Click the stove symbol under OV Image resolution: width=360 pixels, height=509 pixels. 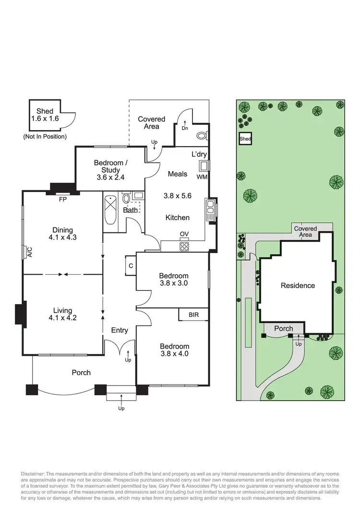pos(184,246)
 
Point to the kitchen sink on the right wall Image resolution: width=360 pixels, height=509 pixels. pos(210,210)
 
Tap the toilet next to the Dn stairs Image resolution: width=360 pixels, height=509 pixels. pos(201,135)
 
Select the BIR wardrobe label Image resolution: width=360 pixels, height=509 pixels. pos(194,315)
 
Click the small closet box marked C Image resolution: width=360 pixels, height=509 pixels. pos(130,264)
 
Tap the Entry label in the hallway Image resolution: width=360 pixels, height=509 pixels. pos(120,330)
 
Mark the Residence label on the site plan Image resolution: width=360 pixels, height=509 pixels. pos(298,285)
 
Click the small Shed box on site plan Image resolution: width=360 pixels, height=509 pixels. pos(245,139)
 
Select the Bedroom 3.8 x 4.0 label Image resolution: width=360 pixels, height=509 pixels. pos(174,350)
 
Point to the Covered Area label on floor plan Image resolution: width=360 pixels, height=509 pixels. pos(151,122)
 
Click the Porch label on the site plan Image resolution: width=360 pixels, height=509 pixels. pos(283,329)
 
